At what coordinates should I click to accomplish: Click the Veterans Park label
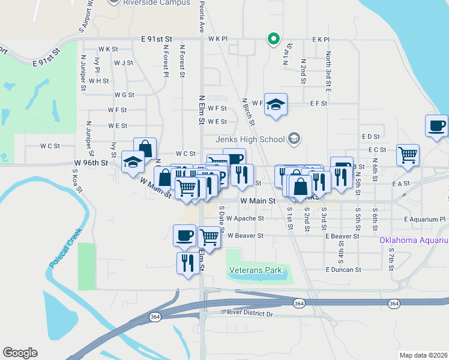[255, 271]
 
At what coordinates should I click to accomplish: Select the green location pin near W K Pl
[273, 40]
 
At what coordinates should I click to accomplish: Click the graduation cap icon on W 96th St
[133, 161]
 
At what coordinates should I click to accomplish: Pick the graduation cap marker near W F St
[276, 104]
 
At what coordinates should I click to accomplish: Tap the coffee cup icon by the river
[436, 126]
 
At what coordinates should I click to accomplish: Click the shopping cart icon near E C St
[408, 154]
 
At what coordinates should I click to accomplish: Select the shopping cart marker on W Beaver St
[208, 236]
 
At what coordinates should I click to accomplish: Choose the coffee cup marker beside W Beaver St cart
[184, 235]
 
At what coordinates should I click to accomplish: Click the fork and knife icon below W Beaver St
[188, 262]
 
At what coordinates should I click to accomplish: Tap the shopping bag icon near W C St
[145, 148]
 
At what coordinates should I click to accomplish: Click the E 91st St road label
[157, 38]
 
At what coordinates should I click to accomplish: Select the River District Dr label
[250, 313]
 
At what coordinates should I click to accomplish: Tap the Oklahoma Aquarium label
[414, 241]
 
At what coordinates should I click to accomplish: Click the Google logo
[20, 353]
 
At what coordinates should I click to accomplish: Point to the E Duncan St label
[343, 270]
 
